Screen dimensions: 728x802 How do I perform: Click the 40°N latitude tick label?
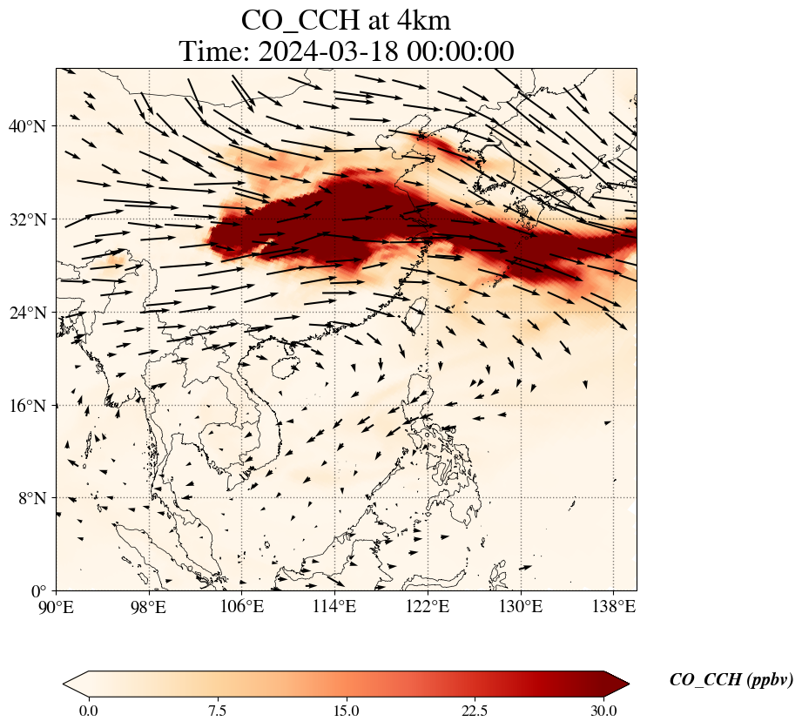32,127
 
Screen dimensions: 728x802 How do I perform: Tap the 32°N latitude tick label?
32,219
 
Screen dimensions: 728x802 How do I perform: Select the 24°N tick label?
32,313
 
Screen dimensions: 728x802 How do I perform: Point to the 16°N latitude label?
32,406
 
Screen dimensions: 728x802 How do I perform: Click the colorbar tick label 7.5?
217,711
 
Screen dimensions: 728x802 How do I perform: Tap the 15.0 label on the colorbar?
346,711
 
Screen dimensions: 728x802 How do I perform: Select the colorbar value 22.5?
475,711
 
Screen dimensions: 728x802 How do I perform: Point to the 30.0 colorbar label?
603,711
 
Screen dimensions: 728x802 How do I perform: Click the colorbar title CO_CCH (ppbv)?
731,680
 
